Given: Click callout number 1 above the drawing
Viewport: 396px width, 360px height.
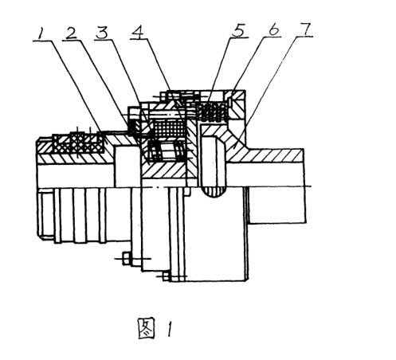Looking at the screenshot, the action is coord(41,33).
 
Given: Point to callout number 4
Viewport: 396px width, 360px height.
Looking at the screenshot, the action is coord(139,32).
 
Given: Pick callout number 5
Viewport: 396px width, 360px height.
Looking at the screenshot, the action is coord(238,31).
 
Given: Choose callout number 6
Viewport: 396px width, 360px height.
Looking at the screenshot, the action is coord(273,29).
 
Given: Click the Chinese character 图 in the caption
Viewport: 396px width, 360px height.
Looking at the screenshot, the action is coord(146,328).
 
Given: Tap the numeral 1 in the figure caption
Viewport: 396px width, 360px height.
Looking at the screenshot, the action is coord(170,329).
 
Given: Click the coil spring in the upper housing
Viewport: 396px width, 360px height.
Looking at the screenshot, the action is coord(212,112).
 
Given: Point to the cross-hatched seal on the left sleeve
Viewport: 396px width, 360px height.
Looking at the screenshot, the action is coord(79,143).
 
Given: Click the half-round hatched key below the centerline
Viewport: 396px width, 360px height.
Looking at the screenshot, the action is coord(215,192).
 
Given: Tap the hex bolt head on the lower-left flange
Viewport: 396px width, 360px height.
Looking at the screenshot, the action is coord(127,258).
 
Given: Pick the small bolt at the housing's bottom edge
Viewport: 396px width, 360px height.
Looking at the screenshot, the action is coord(166,276).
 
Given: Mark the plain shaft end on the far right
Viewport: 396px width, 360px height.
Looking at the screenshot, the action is coord(276,205).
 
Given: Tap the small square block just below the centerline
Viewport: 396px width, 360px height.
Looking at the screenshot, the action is coord(188,191).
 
